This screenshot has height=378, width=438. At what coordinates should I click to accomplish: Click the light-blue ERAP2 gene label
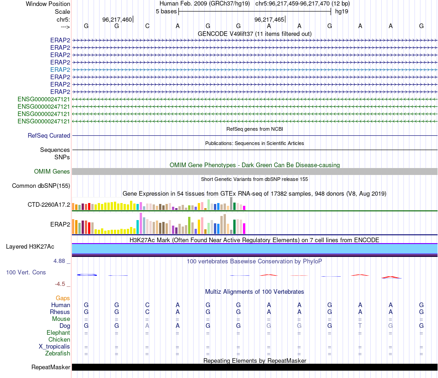tap(60, 70)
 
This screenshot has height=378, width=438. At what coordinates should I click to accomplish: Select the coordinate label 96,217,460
tap(117, 19)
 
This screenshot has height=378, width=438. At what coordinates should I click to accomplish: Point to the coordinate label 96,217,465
tap(269, 19)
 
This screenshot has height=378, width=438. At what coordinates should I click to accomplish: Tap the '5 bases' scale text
tap(166, 11)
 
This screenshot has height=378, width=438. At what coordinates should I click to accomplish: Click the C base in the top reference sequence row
tap(147, 26)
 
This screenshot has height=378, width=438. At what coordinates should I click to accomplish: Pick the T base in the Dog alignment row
tap(360, 326)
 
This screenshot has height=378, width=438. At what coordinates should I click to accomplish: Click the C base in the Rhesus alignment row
tap(147, 312)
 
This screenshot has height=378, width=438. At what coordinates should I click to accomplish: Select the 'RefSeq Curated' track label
tap(49, 136)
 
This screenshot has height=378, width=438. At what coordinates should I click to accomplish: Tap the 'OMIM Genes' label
tap(52, 172)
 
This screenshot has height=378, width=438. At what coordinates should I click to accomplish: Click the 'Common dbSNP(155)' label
tap(41, 186)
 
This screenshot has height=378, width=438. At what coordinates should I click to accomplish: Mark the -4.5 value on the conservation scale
tap(61, 284)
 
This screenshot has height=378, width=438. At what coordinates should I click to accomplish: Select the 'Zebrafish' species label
tap(58, 354)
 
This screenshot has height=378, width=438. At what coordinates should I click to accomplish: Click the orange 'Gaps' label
tap(63, 298)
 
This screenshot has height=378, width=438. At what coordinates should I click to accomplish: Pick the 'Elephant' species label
tap(58, 333)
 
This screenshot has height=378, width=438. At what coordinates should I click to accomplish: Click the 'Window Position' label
tap(48, 4)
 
